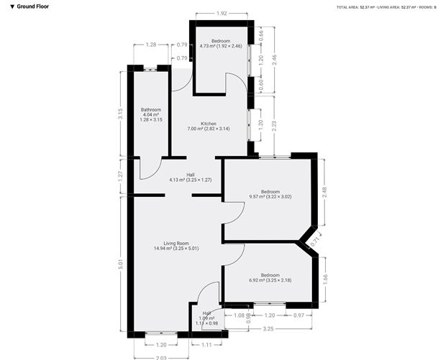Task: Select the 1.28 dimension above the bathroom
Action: click(150, 45)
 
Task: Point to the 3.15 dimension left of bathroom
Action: click(120, 114)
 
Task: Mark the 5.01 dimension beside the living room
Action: click(120, 264)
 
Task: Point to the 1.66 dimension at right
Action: click(325, 278)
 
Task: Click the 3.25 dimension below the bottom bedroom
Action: click(268, 330)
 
